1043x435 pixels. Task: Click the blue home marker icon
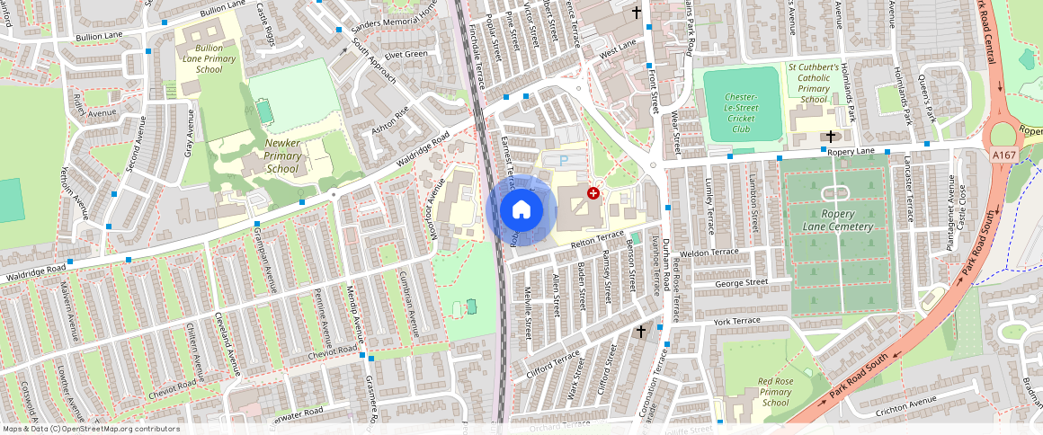click(x=521, y=210)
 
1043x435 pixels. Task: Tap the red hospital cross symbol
click(x=593, y=193)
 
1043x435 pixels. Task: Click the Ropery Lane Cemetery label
click(x=834, y=220)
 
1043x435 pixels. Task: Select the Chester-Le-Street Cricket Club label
click(x=741, y=112)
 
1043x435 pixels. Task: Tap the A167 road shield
click(x=1004, y=155)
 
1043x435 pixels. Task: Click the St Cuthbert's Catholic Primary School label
click(x=814, y=83)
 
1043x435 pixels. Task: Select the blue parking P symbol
click(x=564, y=160)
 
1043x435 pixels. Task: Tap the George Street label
click(x=741, y=283)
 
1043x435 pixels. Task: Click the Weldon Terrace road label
click(x=709, y=253)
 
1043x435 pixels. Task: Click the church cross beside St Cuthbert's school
click(x=830, y=137)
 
